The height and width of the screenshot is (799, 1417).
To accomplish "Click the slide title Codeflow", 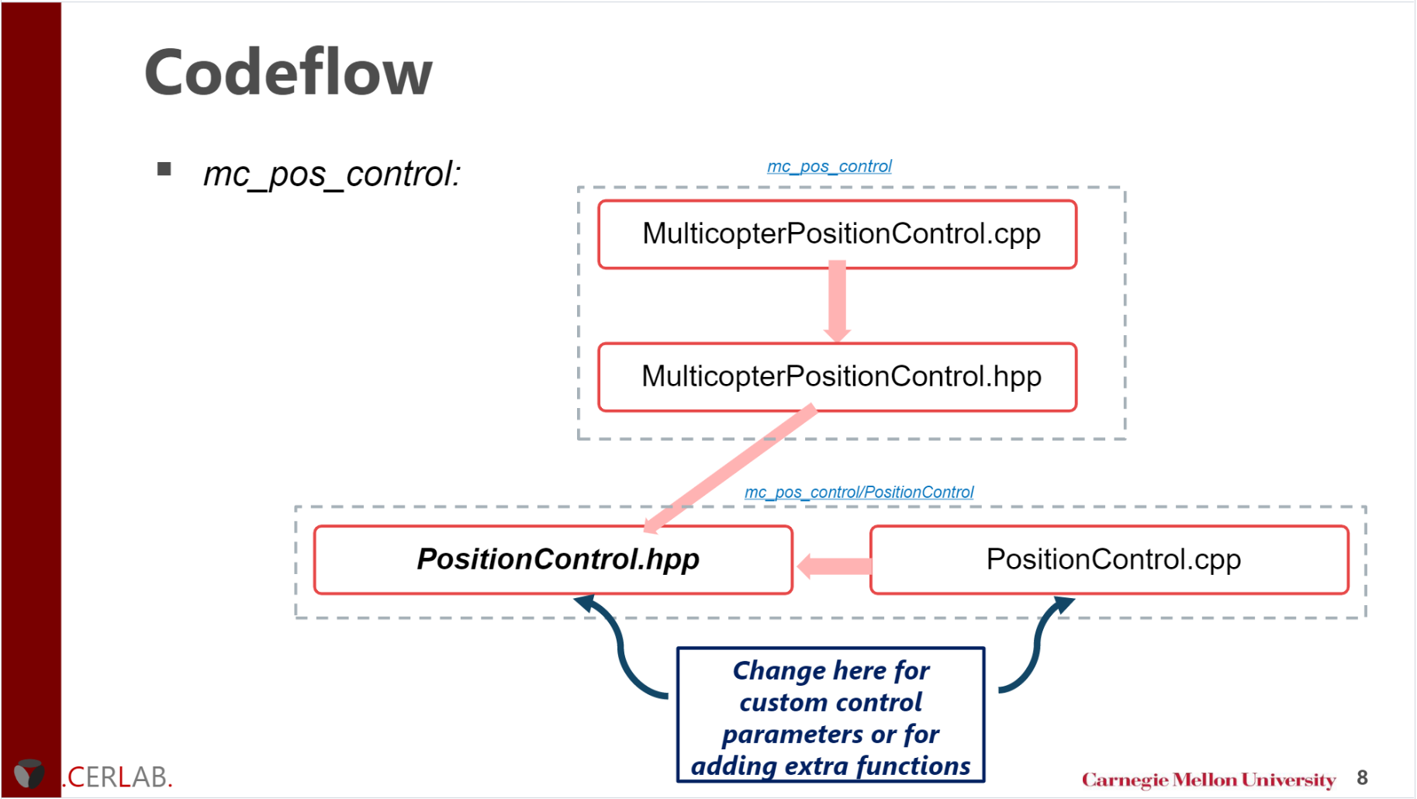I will click(x=288, y=72).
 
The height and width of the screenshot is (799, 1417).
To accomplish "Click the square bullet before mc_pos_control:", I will click(x=164, y=169).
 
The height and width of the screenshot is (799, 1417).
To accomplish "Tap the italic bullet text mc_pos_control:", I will click(x=332, y=174).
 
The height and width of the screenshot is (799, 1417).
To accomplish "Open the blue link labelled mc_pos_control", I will click(x=829, y=166).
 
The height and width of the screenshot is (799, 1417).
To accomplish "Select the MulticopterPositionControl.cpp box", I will click(x=837, y=234).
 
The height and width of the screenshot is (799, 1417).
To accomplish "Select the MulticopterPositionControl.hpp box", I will click(x=837, y=377).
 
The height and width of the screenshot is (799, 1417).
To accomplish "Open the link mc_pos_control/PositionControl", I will click(x=859, y=492).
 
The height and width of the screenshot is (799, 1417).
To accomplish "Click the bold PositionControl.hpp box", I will click(x=554, y=560).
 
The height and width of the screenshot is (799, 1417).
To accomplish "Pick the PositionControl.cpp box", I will click(x=1111, y=560).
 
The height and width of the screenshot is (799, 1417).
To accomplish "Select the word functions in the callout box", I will click(x=913, y=766).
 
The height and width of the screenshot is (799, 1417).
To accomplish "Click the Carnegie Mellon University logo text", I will click(x=1208, y=780).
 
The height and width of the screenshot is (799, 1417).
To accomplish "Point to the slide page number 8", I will click(x=1362, y=777).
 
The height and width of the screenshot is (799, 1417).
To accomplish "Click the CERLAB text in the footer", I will click(x=119, y=777).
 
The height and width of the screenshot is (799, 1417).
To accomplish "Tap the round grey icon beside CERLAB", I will click(x=29, y=773).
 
